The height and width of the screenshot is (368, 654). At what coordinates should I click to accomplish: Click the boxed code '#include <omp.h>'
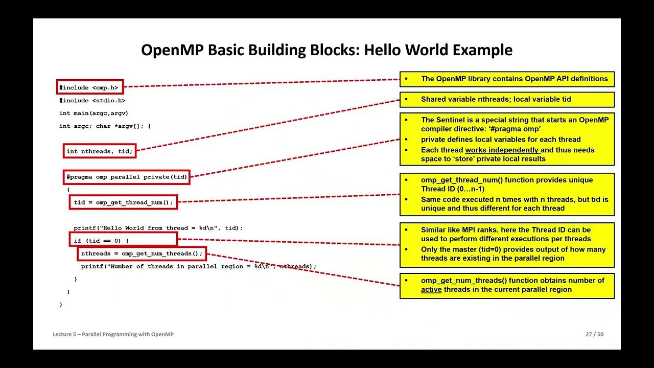[x=90, y=87]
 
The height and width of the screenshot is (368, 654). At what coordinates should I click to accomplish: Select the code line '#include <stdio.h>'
[x=92, y=101]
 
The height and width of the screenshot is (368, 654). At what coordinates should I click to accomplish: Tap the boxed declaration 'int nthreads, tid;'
[x=100, y=151]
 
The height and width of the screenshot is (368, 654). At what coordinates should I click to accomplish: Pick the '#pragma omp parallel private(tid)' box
[x=127, y=177]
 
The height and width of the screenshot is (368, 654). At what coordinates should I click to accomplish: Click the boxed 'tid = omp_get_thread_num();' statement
[x=123, y=202]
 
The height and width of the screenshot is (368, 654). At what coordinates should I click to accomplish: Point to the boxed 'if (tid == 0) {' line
[x=123, y=239]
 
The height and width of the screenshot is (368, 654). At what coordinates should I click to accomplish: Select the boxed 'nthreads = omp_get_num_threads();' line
[x=142, y=254]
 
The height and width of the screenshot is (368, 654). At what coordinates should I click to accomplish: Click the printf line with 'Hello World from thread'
[x=158, y=228]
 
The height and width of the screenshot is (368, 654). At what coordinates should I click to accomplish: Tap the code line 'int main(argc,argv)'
[x=94, y=113]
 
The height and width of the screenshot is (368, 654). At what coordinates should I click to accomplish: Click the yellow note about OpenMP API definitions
[x=507, y=79]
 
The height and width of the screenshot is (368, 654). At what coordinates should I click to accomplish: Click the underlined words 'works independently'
[x=502, y=150]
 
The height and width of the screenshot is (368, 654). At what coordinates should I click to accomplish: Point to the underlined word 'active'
[x=431, y=290]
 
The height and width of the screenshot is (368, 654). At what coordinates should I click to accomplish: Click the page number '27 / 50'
[x=594, y=334]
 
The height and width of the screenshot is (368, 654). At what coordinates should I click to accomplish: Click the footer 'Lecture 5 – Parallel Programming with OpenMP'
[x=113, y=334]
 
